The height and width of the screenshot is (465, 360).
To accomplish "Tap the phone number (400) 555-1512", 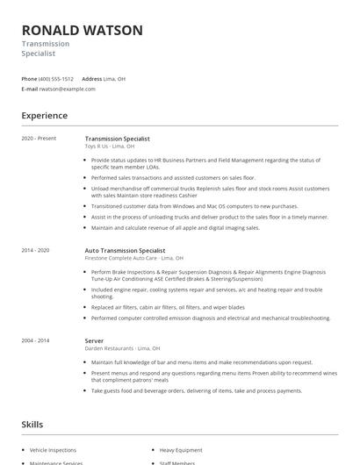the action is tap(56, 78).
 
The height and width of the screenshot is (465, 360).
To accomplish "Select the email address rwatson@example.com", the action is tap(66, 89).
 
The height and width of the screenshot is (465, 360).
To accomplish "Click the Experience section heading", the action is tap(44, 116).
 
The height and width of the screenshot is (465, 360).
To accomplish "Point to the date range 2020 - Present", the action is tap(39, 139).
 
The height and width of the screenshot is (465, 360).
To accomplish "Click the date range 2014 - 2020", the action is tap(37, 250).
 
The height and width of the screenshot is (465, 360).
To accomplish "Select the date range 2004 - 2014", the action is tap(37, 340).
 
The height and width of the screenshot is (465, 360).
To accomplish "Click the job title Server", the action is tap(94, 340).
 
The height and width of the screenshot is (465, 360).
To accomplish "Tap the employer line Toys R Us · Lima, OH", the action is tap(110, 147).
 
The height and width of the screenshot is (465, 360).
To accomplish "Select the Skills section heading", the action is tap(32, 425).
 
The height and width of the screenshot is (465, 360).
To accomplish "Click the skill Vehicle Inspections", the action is tap(54, 450).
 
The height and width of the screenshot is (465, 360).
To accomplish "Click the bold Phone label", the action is tap(29, 78).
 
